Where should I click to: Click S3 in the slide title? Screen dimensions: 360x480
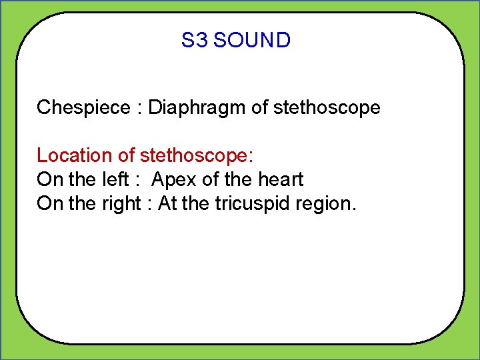(x=195, y=41)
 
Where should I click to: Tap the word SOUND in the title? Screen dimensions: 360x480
(x=253, y=41)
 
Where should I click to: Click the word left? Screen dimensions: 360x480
(x=115, y=179)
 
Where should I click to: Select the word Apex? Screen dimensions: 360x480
(x=173, y=179)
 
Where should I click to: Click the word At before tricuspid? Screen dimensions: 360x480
(x=167, y=203)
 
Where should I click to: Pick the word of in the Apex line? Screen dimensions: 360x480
(x=209, y=179)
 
